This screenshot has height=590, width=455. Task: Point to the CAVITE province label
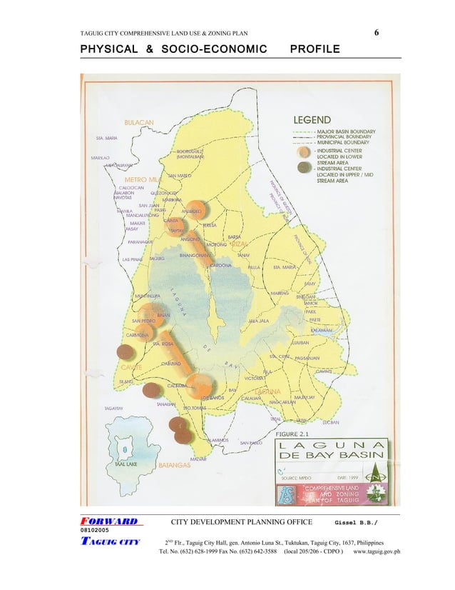[x=130, y=367]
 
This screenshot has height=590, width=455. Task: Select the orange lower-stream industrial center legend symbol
[x=304, y=152]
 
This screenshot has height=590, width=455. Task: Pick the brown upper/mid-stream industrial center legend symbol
[x=304, y=167]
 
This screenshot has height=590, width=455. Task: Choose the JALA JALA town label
[x=257, y=321]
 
